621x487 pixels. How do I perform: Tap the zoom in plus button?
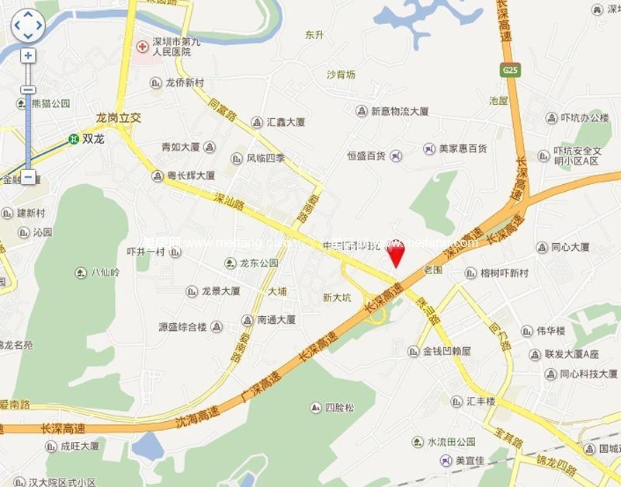tap(28, 56)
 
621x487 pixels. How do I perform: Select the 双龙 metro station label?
tap(92, 140)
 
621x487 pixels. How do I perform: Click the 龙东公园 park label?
tap(258, 263)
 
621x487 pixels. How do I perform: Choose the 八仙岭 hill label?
tap(105, 273)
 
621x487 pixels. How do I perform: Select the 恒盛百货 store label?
tap(366, 156)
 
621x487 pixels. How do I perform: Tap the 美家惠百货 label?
tap(463, 148)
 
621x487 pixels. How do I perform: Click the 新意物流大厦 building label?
tap(399, 112)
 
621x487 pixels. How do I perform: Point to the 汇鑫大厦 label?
tap(286, 122)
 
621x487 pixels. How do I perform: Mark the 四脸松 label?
tap(339, 408)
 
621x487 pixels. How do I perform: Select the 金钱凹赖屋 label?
tap(447, 351)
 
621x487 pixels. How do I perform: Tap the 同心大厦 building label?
tap(571, 248)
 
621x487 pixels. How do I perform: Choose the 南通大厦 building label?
tap(276, 319)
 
